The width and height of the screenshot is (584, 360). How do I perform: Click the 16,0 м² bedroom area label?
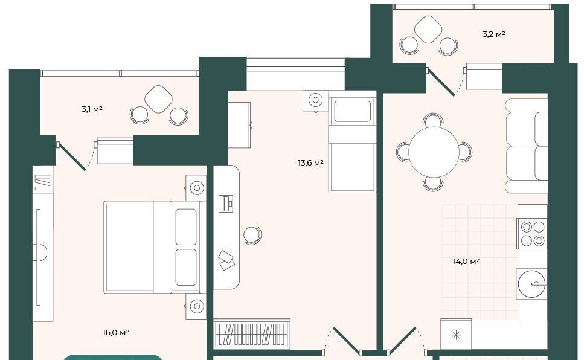point(116,332)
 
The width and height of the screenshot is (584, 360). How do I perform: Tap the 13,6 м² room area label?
point(310,163)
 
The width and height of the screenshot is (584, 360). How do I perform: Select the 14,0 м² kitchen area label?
point(466,262)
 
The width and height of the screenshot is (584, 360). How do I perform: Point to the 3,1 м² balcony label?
point(92,109)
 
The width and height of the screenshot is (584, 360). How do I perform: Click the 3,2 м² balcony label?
point(493,34)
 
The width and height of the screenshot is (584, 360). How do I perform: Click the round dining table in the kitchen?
point(434,152)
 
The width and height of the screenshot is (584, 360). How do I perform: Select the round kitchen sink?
point(532,284)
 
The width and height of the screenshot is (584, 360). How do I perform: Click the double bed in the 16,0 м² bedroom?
point(155,247)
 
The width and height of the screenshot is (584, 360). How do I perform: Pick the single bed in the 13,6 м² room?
point(352,141)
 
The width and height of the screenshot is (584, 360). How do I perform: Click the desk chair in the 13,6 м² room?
point(252,236)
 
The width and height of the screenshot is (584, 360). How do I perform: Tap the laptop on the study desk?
point(226,204)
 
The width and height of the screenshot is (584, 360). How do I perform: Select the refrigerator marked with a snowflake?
point(456,334)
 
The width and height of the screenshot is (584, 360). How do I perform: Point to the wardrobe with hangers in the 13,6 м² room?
point(252,333)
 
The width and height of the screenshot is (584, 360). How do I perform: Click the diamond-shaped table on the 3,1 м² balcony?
point(159,99)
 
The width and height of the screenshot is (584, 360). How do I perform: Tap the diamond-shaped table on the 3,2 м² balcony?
point(428,30)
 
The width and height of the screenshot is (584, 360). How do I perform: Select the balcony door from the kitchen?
point(441,82)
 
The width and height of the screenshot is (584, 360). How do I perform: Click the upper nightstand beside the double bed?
point(196,188)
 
